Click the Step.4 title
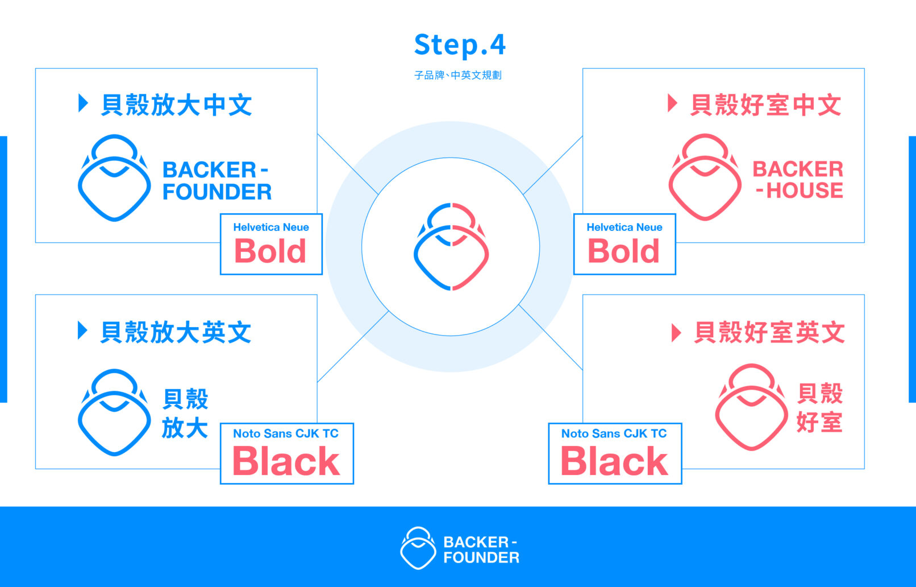(x=460, y=45)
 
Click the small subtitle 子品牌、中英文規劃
(x=458, y=75)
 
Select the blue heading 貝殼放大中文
(x=176, y=105)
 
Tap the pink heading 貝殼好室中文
(x=765, y=105)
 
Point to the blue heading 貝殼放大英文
(x=176, y=332)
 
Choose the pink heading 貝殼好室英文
(x=769, y=332)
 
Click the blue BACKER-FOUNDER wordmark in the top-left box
(x=216, y=181)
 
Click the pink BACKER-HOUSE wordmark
(x=798, y=180)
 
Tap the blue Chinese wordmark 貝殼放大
(x=185, y=414)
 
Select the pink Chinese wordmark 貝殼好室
(x=819, y=408)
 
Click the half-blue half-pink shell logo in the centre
(x=451, y=246)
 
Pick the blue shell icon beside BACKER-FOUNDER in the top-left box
(x=114, y=178)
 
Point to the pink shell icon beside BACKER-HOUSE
(x=705, y=177)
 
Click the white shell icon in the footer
(x=418, y=548)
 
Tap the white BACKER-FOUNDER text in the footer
(x=481, y=549)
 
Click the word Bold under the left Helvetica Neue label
(x=270, y=251)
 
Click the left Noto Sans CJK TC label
(x=286, y=433)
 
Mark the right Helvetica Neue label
(x=624, y=228)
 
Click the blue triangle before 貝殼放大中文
(x=83, y=104)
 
